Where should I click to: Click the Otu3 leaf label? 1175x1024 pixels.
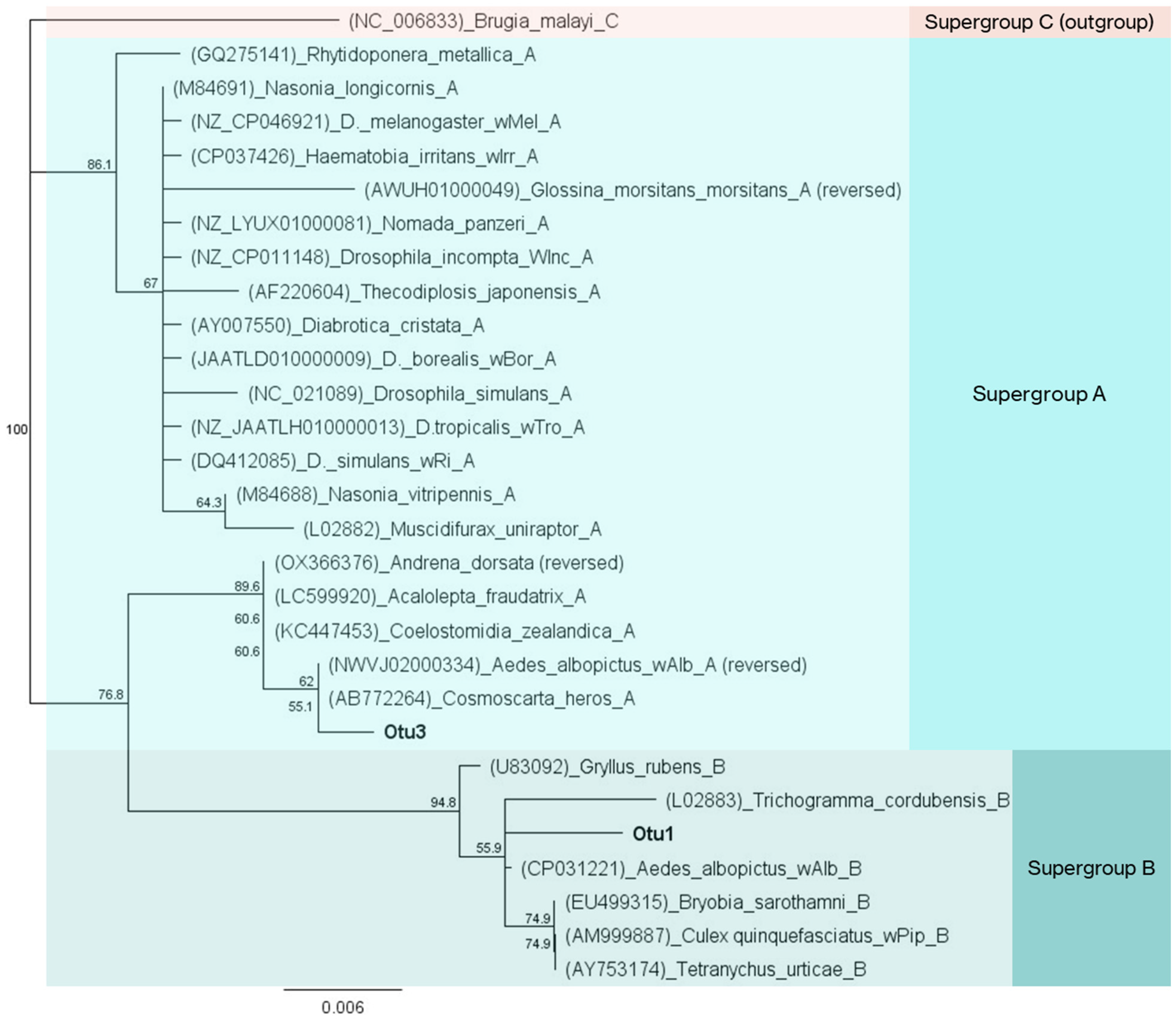click(404, 732)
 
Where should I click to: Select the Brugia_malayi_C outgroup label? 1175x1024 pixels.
click(483, 22)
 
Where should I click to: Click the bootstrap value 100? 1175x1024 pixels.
click(16, 430)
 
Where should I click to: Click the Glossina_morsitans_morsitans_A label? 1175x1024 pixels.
click(632, 190)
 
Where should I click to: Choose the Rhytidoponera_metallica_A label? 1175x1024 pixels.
click(363, 55)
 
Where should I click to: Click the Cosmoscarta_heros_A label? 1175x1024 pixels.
click(481, 698)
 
